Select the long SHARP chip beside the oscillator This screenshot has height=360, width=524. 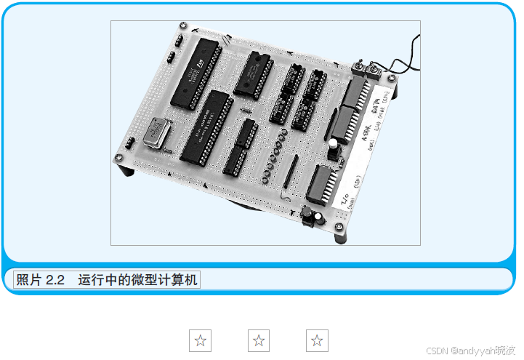206,127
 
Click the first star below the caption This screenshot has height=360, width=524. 200,340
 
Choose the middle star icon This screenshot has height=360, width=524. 259,340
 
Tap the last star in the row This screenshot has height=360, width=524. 317,340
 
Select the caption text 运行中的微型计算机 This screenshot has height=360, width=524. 137,280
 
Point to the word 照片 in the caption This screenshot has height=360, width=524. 29,280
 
